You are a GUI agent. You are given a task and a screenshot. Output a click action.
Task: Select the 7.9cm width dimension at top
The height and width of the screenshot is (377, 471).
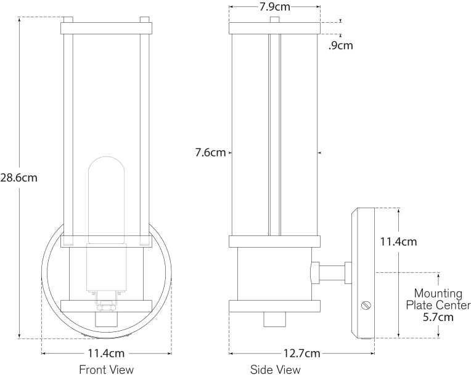[x=274, y=7]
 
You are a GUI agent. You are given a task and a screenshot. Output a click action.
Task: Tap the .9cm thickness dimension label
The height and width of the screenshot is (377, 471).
[x=340, y=46]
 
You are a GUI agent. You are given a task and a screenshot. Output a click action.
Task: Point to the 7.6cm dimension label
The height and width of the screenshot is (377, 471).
[x=210, y=152]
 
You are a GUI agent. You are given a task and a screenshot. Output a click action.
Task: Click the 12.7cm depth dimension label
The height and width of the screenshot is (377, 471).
[x=303, y=353]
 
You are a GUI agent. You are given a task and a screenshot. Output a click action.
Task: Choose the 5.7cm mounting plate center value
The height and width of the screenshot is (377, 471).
[x=438, y=317]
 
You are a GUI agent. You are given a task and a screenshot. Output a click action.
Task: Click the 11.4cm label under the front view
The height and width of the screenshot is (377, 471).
[x=106, y=353]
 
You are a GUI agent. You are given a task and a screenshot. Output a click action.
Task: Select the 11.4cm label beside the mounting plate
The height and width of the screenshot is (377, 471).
[x=397, y=241]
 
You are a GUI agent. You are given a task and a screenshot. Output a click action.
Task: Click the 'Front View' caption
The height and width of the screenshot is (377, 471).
[x=106, y=370]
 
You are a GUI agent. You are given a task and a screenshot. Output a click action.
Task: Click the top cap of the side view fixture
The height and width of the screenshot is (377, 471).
[x=274, y=28]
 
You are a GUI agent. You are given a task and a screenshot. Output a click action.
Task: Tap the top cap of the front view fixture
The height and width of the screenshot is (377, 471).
[x=106, y=27]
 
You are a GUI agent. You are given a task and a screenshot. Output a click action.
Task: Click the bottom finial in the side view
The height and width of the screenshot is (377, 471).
[x=274, y=319]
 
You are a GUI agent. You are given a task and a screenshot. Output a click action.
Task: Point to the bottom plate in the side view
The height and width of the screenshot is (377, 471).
[x=274, y=306]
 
